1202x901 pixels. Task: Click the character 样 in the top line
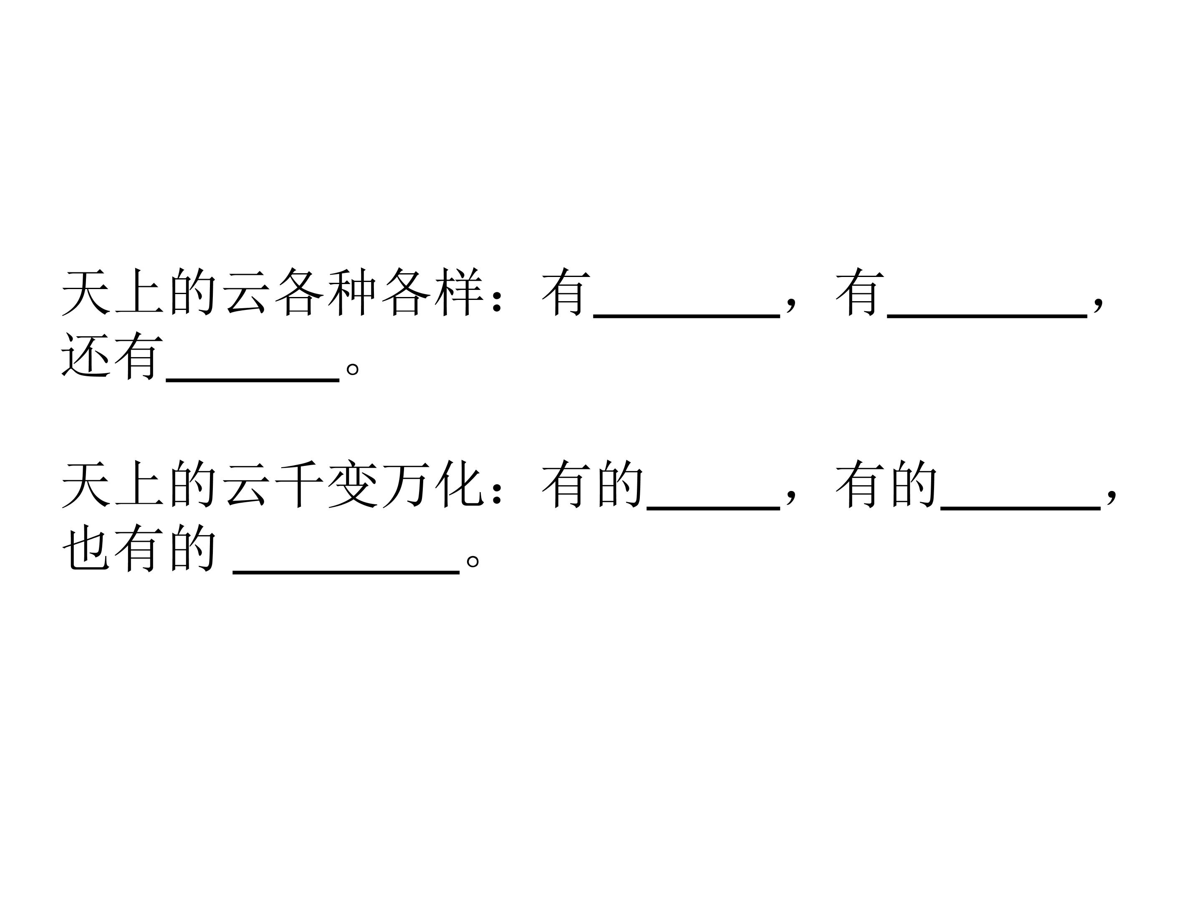[460, 292]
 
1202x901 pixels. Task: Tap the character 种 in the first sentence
[352, 292]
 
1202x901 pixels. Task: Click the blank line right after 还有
[253, 380]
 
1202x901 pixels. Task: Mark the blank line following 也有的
[346, 571]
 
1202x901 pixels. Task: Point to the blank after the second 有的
[1020, 508]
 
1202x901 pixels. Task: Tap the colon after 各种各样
[495, 302]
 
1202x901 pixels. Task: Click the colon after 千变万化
[495, 494]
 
